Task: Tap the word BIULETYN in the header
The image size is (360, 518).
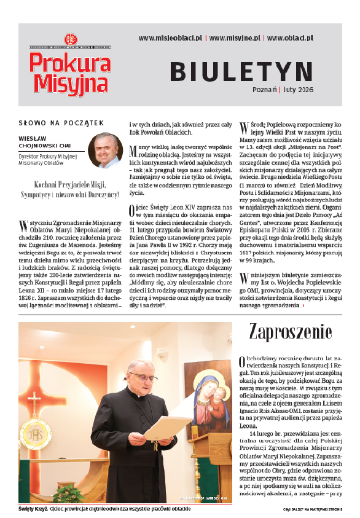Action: coord(241,72)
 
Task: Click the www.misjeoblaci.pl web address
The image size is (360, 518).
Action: coord(170,37)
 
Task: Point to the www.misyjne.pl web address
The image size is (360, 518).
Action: coord(236,37)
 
